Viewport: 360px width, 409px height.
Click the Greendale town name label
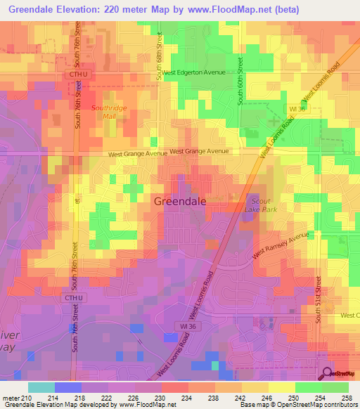[x=180, y=201]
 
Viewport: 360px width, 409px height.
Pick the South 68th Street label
[x=160, y=56]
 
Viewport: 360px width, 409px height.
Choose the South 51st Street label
[x=318, y=299]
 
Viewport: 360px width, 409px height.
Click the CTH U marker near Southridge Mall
[x=77, y=74]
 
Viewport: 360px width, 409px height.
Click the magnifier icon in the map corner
[x=327, y=373]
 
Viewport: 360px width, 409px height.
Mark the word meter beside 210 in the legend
[x=13, y=398]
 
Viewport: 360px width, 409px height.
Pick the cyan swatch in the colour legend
[x=41, y=387]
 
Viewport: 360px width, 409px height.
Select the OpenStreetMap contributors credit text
[x=325, y=405]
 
